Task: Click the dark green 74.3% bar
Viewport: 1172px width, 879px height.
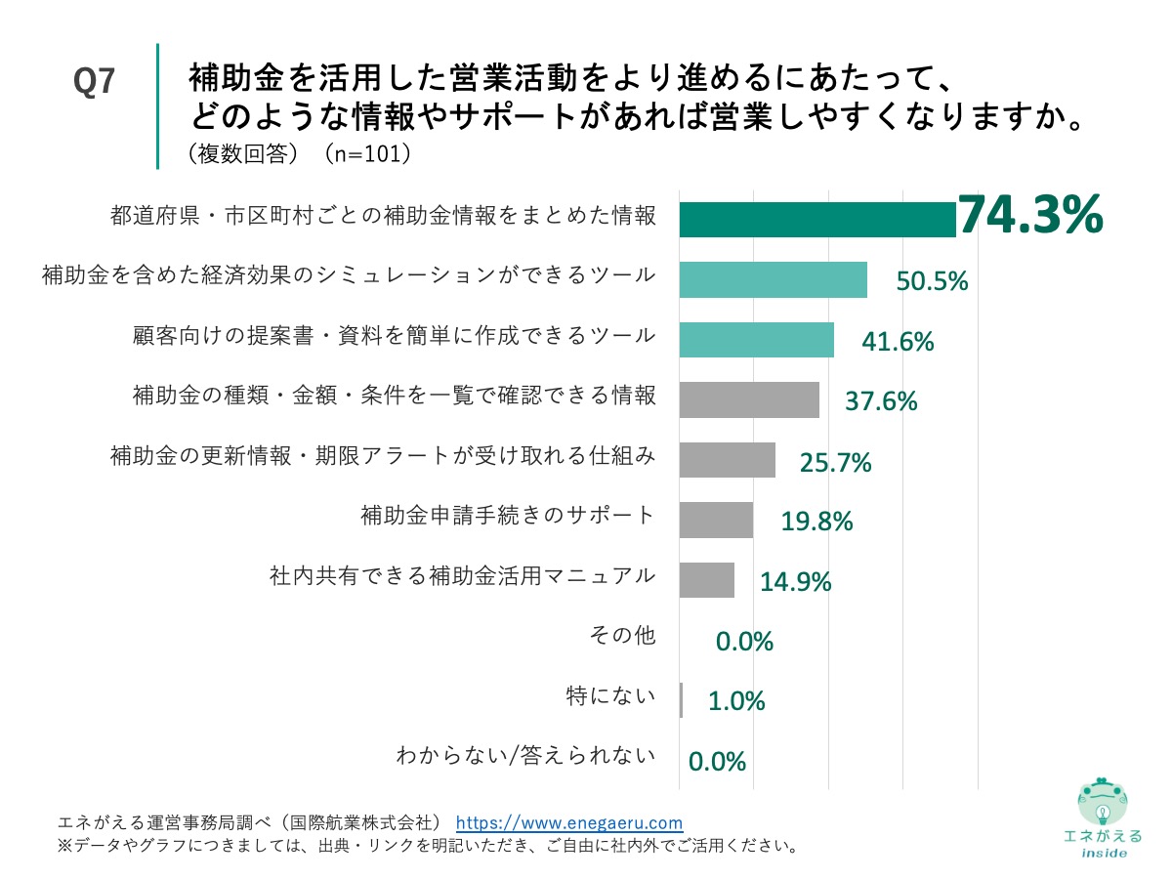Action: point(816,219)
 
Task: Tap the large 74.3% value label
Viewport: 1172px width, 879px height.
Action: point(1029,215)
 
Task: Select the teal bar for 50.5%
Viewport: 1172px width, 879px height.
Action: point(773,279)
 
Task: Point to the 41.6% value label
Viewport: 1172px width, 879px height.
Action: point(898,342)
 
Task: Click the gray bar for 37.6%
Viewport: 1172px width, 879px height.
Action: point(748,399)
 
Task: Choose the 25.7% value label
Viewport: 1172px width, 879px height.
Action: point(835,463)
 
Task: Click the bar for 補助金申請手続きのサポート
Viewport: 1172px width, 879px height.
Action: point(715,520)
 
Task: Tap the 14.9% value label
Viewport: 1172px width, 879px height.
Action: point(796,582)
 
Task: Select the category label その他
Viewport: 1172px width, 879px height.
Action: point(621,636)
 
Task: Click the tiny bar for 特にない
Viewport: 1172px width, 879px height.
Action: point(681,700)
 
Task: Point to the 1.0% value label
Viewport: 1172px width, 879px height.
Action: point(736,701)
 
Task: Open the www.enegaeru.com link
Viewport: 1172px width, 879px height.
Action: point(569,822)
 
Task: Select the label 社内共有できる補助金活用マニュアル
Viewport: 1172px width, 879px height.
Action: point(461,576)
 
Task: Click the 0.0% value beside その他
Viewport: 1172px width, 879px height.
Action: point(744,642)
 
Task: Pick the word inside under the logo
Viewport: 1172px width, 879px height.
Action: point(1103,853)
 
